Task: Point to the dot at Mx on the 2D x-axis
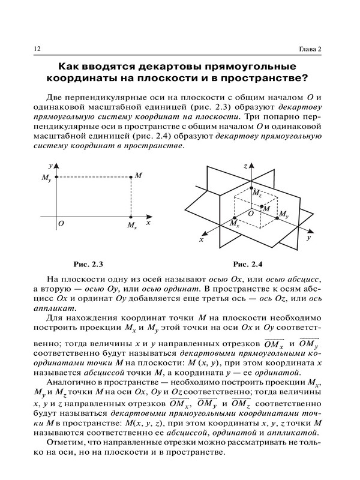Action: [131, 216]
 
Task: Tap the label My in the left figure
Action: [46, 179]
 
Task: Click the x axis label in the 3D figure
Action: [202, 239]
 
